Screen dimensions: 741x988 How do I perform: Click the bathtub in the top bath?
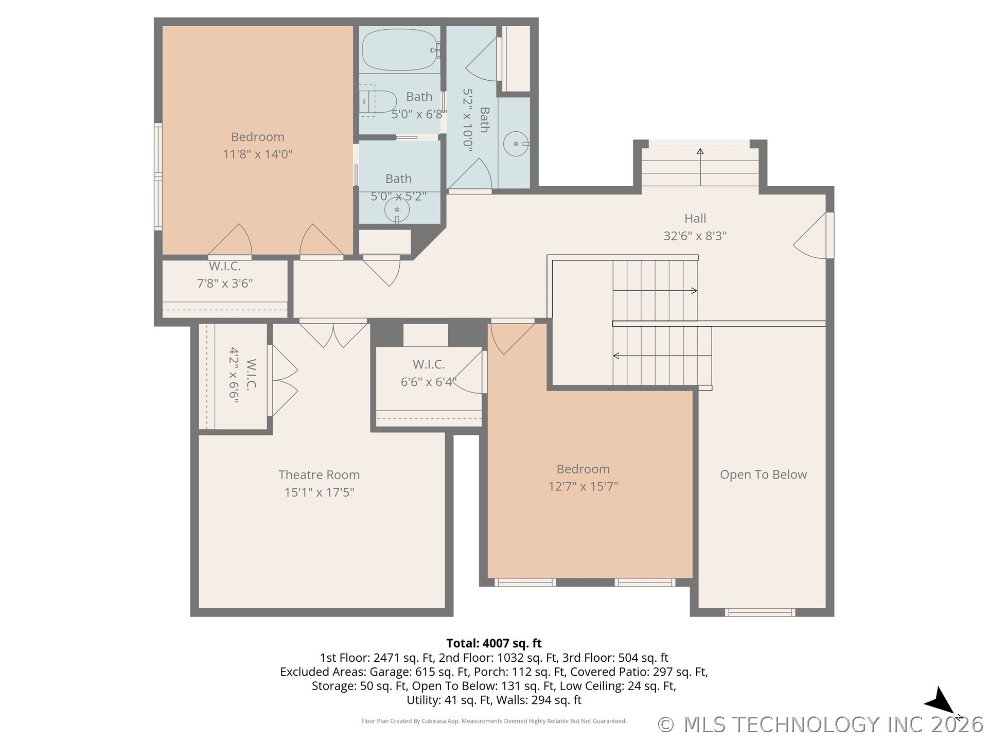pos(400,50)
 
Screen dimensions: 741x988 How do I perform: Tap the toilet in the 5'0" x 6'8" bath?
pos(378,101)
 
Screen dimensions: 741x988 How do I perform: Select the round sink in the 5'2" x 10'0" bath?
pos(515,144)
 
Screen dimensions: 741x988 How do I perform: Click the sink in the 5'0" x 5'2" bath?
pos(397,210)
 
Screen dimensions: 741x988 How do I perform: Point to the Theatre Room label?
pos(319,475)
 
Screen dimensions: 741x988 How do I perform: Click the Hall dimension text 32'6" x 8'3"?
pos(695,236)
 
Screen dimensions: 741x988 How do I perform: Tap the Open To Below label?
pos(763,475)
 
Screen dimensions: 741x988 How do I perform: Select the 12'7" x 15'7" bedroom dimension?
pos(583,486)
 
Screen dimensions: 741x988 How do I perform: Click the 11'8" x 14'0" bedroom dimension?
pos(257,154)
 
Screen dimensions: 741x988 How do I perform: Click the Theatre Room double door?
pos(333,333)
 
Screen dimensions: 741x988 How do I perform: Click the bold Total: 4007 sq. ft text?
pos(493,643)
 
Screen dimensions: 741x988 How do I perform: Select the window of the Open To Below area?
pos(760,612)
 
